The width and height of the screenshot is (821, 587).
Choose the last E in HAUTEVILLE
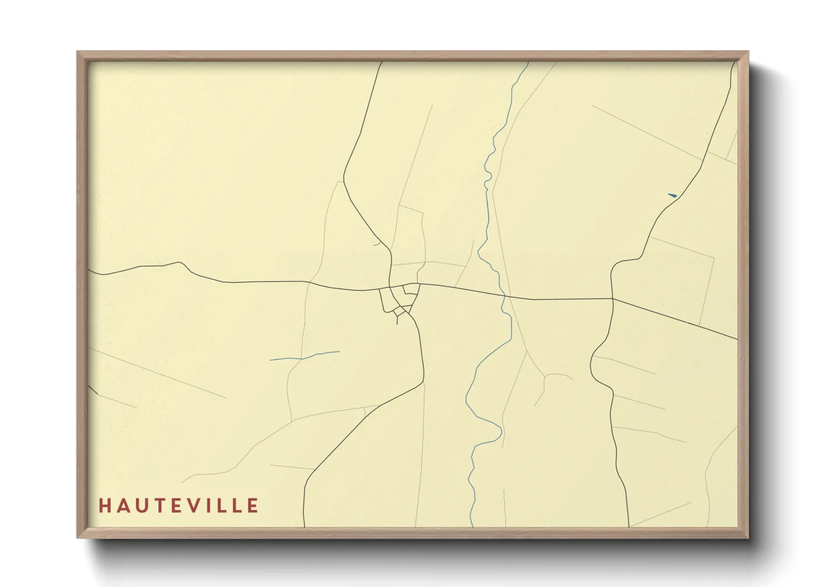coord(254,505)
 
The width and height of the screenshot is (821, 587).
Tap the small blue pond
coord(672,195)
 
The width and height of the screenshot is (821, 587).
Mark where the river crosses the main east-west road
coord(504,296)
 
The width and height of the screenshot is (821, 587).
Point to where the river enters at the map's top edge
coord(528,63)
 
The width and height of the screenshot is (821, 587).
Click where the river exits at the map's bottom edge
coord(471,525)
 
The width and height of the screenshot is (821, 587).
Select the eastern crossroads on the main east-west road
coord(612,299)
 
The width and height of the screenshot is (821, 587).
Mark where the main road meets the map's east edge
coord(737,338)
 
